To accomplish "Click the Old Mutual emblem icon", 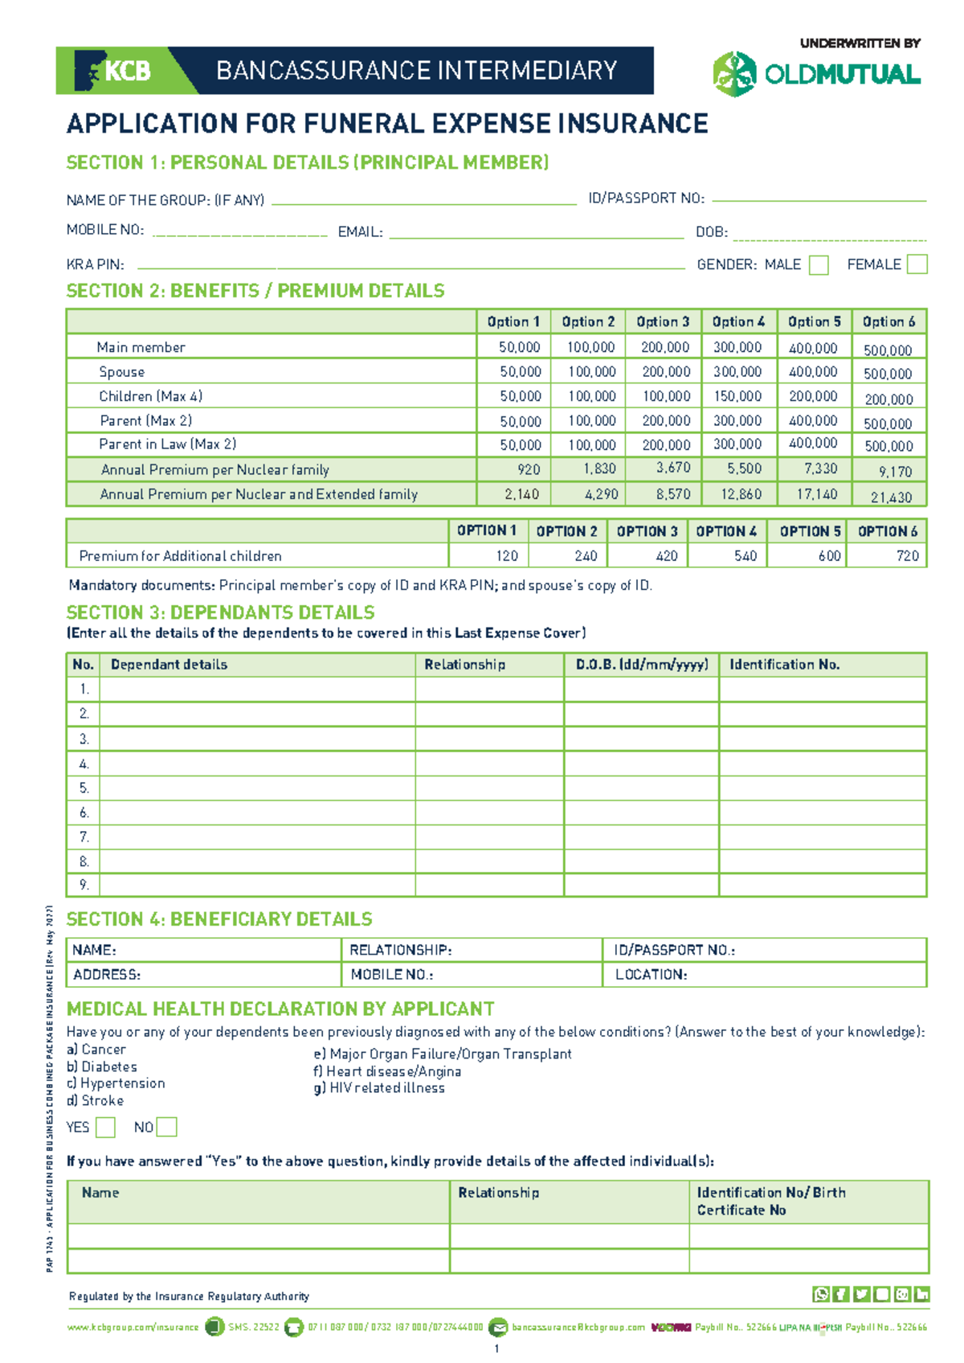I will point(734,74).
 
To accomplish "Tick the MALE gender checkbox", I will point(819,265).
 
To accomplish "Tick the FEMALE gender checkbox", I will point(917,264).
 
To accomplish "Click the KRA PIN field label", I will point(95,264).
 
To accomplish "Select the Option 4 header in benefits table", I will point(738,321).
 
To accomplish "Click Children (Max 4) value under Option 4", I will point(738,396).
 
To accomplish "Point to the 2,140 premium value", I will point(521,494).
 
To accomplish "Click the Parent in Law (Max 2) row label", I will point(167,444).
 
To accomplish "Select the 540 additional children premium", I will point(745,556).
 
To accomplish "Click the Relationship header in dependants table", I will point(464,665).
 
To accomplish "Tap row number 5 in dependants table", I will point(84,788).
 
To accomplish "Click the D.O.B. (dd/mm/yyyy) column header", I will point(642,665).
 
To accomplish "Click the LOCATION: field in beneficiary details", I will point(651,975).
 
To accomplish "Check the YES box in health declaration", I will point(105,1128).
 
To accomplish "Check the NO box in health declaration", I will point(166,1128).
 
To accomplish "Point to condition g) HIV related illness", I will point(379,1088).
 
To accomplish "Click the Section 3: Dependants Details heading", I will point(220,612).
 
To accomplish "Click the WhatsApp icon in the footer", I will point(820,1294).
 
